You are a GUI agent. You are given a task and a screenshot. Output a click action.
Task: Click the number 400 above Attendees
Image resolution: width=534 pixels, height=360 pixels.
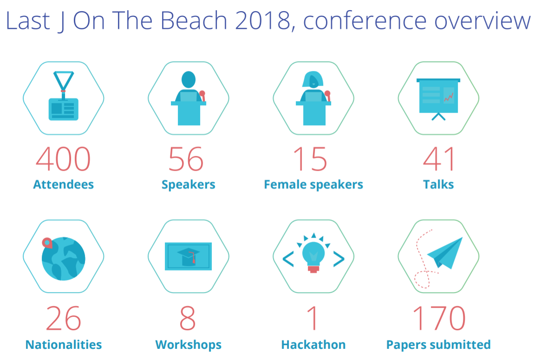tap(63, 159)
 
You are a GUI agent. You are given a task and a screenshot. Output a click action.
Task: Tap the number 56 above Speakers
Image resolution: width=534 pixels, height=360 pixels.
tap(186, 159)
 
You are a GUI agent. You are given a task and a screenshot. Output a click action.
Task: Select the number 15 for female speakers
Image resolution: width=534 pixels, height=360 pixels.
tap(311, 159)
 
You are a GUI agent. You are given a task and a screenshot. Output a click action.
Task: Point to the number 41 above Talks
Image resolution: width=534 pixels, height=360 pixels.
tap(439, 159)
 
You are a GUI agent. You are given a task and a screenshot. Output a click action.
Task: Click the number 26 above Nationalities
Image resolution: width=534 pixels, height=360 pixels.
tap(64, 318)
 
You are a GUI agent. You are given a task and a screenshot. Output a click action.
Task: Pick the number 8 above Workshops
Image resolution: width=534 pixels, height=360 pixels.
tap(188, 318)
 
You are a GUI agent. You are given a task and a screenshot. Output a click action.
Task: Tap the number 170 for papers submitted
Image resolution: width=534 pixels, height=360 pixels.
tap(439, 318)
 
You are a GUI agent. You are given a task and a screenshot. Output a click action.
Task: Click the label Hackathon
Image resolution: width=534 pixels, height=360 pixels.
tap(313, 345)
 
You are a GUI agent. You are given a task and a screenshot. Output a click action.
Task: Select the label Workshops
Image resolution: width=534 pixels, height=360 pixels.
tap(189, 345)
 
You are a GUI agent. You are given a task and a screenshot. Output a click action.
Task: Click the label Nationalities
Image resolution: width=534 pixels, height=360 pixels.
tap(64, 345)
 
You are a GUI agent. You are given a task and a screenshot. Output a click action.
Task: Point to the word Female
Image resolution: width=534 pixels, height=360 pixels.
tap(285, 185)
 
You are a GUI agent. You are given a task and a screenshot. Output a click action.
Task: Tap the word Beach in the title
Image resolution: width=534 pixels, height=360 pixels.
tap(194, 20)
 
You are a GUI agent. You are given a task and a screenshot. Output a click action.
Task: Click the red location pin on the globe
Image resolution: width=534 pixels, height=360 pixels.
tap(47, 243)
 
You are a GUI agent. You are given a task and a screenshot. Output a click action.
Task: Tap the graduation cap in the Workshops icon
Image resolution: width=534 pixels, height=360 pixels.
tap(189, 256)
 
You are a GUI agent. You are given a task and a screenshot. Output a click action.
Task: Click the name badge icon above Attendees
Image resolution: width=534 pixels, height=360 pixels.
tap(64, 96)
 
